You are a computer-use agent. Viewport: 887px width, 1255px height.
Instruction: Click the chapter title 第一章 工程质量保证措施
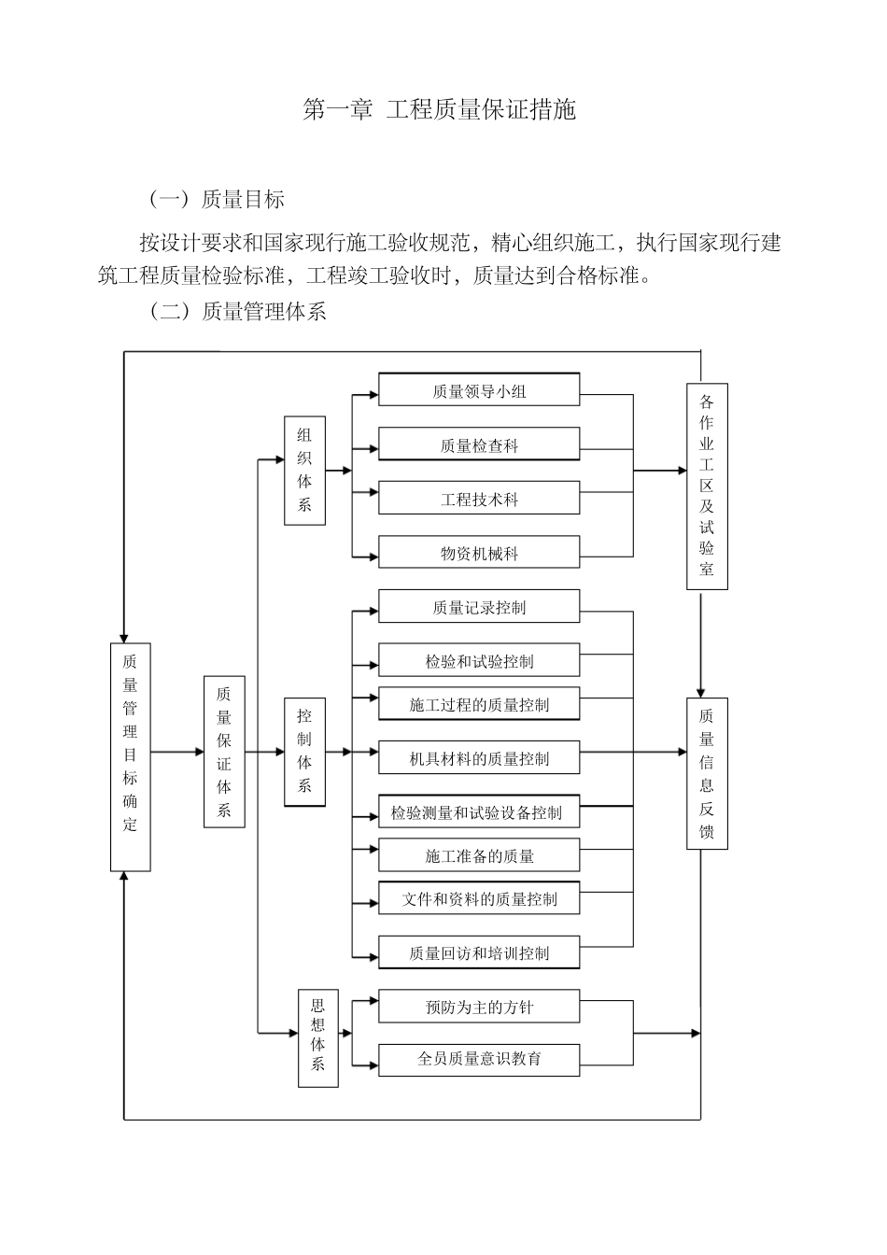click(440, 110)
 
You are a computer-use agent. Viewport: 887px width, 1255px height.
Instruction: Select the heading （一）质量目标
click(216, 199)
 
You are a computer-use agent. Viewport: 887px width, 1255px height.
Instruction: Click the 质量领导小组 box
click(478, 390)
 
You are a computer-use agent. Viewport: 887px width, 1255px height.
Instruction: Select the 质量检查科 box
click(478, 444)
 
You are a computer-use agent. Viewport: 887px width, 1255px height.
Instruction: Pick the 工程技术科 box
click(478, 499)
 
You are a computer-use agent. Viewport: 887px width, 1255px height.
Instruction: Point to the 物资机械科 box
click(478, 553)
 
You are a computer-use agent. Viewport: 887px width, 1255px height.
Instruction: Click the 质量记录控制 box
click(478, 607)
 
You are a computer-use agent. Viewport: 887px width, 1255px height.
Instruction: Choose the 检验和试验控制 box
click(478, 661)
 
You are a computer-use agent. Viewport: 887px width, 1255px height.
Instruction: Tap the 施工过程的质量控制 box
click(478, 704)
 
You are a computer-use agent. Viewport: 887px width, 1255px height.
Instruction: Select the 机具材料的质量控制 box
click(478, 758)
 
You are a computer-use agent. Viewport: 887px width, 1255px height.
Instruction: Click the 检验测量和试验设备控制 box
click(478, 812)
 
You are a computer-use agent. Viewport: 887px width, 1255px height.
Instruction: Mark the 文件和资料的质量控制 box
click(478, 898)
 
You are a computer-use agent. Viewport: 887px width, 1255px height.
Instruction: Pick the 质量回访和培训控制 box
click(478, 952)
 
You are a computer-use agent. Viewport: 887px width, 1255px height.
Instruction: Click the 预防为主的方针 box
click(478, 1007)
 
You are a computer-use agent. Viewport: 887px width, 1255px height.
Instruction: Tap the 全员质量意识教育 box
click(478, 1059)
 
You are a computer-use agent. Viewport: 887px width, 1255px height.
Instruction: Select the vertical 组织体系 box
click(304, 471)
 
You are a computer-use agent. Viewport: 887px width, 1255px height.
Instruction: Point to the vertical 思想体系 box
click(317, 1038)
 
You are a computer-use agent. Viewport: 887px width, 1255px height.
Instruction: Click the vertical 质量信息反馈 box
click(707, 773)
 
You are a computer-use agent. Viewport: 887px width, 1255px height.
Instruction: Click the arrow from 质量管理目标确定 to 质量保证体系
click(177, 752)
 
